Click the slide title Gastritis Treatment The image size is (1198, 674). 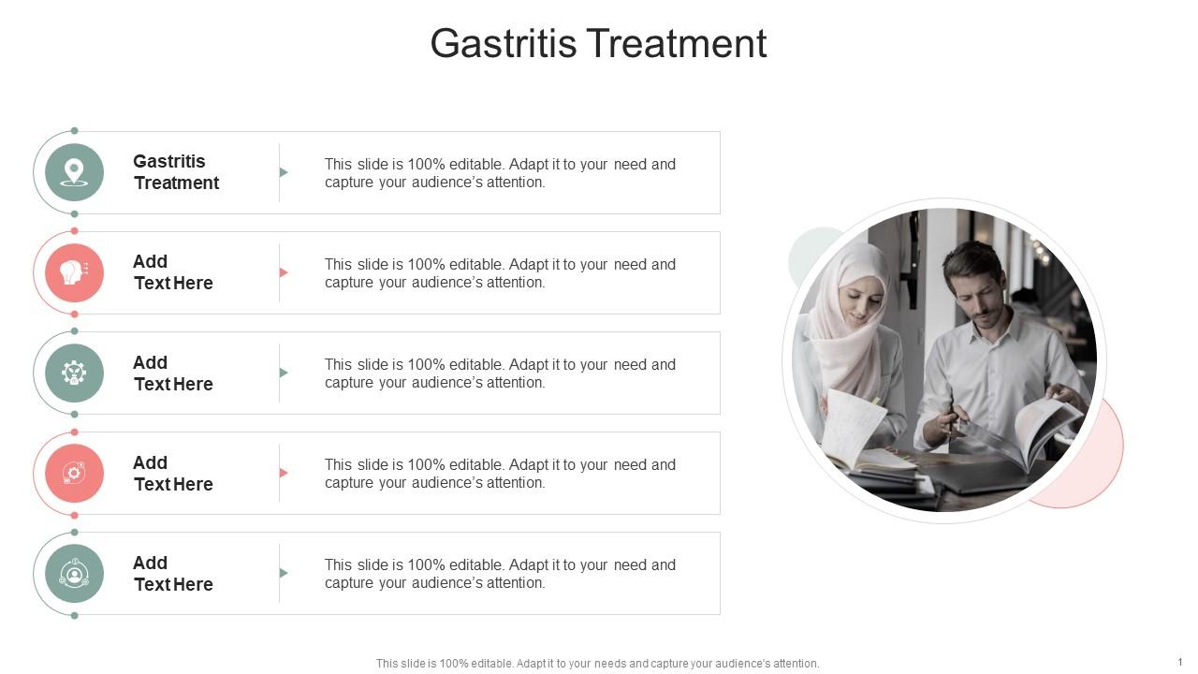click(x=598, y=44)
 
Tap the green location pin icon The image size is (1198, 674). click(x=74, y=172)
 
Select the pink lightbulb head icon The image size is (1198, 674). click(x=74, y=272)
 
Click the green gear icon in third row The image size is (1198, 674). click(x=74, y=373)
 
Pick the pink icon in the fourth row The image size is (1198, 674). click(x=74, y=473)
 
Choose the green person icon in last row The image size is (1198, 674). click(x=74, y=573)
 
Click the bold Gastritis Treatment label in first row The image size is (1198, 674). click(x=176, y=172)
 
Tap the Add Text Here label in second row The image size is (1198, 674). click(x=173, y=272)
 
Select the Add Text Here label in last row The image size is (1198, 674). click(x=173, y=574)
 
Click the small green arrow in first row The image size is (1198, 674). click(x=284, y=172)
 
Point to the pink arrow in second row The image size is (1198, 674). click(x=284, y=272)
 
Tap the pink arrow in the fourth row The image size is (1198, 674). click(x=284, y=473)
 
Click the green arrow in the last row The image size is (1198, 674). click(x=284, y=573)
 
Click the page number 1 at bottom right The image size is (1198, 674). click(x=1180, y=662)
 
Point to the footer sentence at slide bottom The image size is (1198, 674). click(x=597, y=664)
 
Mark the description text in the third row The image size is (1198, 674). click(x=500, y=374)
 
